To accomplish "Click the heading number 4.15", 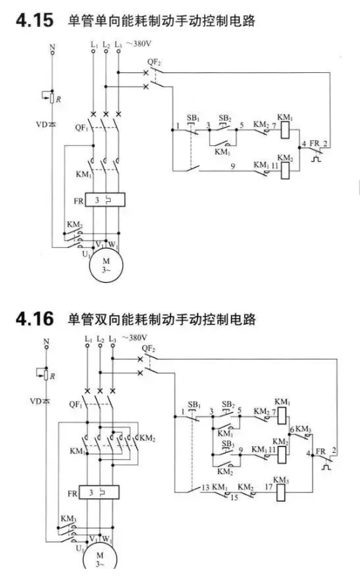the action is tap(35, 20).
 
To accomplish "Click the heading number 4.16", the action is tap(35, 319).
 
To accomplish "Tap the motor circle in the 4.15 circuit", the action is tap(106, 265).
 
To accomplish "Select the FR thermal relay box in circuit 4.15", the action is tap(105, 200).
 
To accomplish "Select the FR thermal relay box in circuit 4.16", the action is tap(99, 492).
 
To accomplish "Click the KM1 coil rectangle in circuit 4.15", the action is tap(285, 131).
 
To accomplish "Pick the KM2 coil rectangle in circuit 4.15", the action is tap(285, 171).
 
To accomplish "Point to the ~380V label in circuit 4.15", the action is tap(138, 44).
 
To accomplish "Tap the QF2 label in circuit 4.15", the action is tap(154, 62).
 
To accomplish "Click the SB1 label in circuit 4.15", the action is tap(193, 118).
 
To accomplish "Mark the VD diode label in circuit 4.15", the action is tap(42, 125).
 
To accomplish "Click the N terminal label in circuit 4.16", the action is tap(46, 341).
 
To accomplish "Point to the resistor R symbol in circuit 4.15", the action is tap(52, 98).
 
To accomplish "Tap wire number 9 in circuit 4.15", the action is tap(232, 166).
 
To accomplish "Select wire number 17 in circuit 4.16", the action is tap(268, 487).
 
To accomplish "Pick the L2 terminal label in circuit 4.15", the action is tap(106, 44).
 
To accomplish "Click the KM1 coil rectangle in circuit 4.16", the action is tap(282, 416).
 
